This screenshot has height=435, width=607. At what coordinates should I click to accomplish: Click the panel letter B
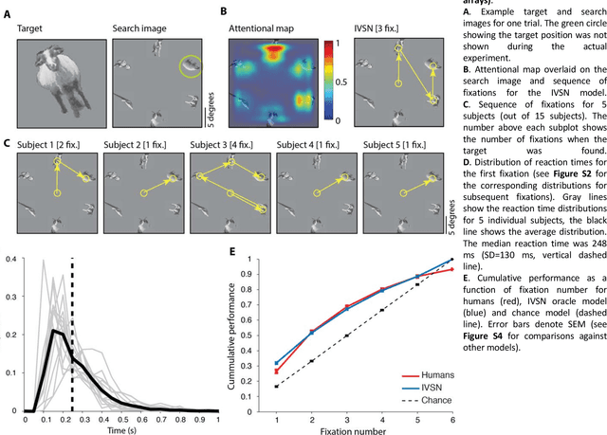[x=224, y=12]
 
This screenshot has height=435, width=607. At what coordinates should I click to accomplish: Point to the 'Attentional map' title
[x=266, y=30]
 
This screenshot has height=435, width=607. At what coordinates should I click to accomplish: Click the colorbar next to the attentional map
[x=328, y=82]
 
